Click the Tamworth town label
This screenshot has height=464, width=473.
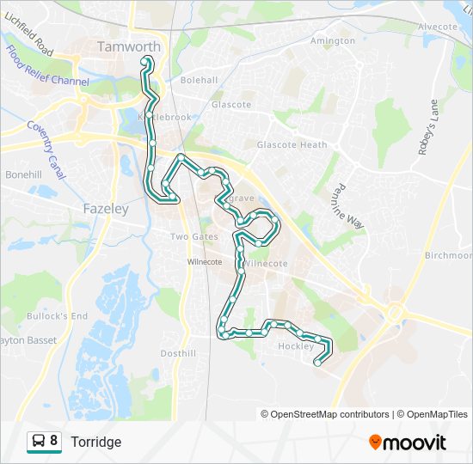pos(129,46)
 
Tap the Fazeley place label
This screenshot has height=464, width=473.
pos(106,209)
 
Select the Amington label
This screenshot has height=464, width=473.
pos(333,40)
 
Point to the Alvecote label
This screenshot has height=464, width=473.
pos(438,27)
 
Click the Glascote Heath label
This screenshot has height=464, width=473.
pos(292,145)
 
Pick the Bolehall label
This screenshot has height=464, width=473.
pos(199,80)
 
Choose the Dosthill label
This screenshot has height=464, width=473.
pos(178,353)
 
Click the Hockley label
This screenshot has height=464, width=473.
pos(296,346)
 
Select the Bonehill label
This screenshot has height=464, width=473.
pos(23,174)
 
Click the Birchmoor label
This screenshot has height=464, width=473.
pos(450,255)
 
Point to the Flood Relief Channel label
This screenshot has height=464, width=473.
pos(48,66)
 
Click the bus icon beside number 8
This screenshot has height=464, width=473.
pos(38,442)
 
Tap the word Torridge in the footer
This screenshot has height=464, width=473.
pos(95,442)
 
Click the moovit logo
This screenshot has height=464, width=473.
pos(408,443)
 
